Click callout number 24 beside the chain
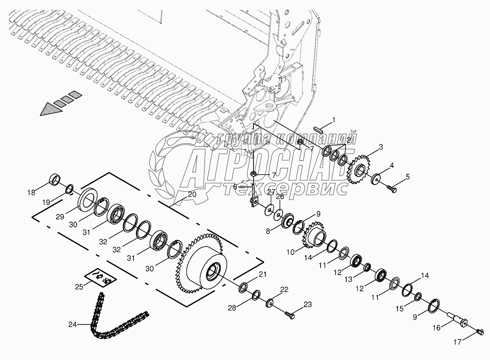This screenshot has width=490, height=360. [x=72, y=324]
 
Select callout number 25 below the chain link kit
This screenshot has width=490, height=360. [x=79, y=287]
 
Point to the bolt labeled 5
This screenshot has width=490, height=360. [x=391, y=189]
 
